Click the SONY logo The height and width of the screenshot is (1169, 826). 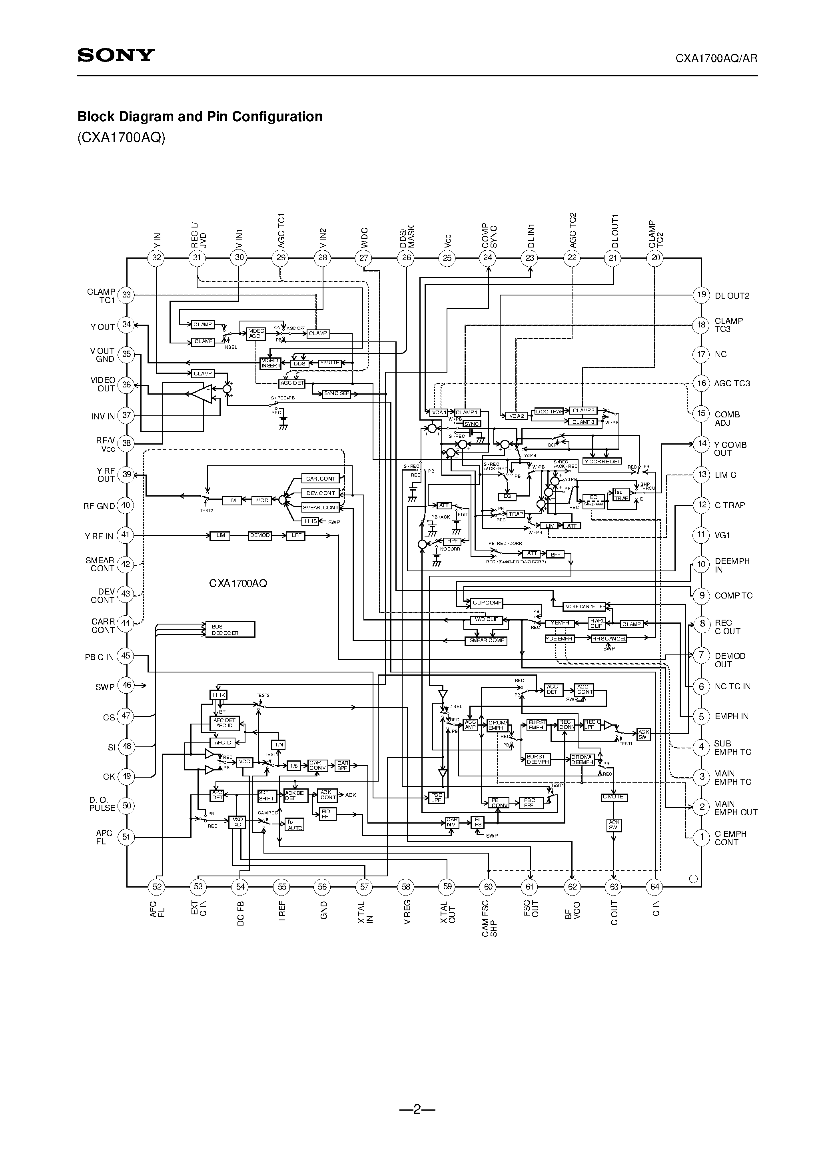coord(116,55)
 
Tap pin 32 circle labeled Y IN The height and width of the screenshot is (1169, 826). coord(156,257)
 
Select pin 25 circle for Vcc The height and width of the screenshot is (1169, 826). coord(447,257)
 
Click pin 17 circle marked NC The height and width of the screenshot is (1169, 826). coord(701,354)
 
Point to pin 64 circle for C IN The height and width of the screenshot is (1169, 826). coord(655,886)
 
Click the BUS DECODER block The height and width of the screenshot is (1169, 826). coord(229,630)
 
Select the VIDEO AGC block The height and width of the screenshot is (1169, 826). coord(255,333)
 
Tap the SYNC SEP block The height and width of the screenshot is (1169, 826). coord(337,393)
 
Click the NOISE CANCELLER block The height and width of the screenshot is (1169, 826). coord(584,606)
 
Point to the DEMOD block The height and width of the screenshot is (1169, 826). coord(260,536)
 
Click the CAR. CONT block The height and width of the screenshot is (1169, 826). coord(320,479)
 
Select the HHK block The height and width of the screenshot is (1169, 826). coord(218,695)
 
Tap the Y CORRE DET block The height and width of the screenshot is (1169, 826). coord(602,461)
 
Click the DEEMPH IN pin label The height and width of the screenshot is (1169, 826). coord(732,565)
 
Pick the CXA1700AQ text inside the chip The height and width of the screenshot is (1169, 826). coord(238,583)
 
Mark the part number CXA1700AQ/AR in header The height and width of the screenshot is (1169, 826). coord(716,58)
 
